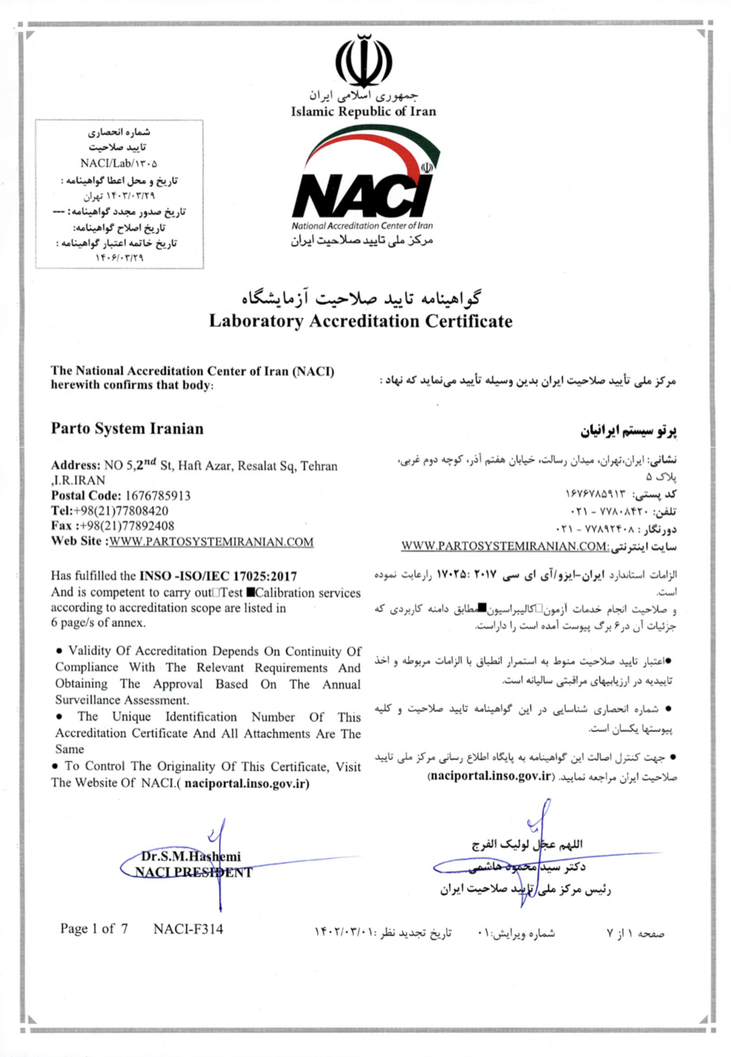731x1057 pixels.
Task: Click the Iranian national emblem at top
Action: [363, 61]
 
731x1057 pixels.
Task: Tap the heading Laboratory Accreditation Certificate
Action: [361, 321]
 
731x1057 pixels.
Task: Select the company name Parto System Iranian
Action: [127, 429]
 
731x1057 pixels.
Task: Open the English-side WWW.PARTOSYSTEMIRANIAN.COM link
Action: [211, 542]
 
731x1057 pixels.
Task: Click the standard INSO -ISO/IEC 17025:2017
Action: [218, 576]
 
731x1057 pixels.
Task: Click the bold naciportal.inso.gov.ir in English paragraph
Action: [247, 783]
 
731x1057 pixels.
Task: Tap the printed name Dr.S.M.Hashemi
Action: [191, 856]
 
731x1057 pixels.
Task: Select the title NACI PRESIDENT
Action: [194, 872]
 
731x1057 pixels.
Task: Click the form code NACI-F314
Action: [188, 929]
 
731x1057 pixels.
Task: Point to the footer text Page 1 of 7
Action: [94, 929]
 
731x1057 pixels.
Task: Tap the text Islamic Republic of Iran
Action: [363, 111]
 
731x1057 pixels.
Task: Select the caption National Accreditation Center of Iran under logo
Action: [362, 226]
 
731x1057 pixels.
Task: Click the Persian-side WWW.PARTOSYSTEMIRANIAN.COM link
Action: [504, 546]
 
